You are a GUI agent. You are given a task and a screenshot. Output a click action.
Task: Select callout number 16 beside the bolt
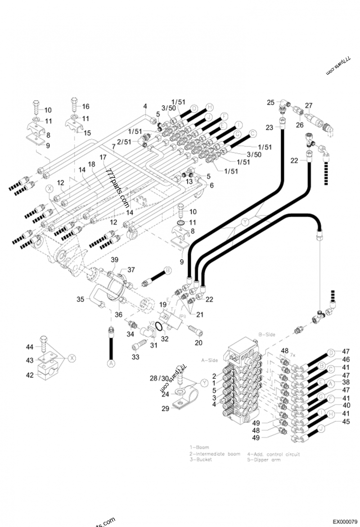point(85,107)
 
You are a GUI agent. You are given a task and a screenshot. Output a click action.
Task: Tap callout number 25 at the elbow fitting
point(270,103)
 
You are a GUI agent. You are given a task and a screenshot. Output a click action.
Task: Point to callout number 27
point(309,106)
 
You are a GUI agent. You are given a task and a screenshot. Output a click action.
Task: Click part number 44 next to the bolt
point(30,347)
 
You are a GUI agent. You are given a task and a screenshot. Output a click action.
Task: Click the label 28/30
point(159,379)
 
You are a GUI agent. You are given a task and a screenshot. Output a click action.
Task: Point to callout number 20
point(198,343)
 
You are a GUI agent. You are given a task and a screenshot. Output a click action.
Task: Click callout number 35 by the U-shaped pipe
point(80,299)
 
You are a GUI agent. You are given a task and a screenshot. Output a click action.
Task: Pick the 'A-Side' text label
point(209,360)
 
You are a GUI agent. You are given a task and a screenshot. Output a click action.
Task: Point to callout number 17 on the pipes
point(103,157)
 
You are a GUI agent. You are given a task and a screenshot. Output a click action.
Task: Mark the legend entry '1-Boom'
point(199,447)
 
